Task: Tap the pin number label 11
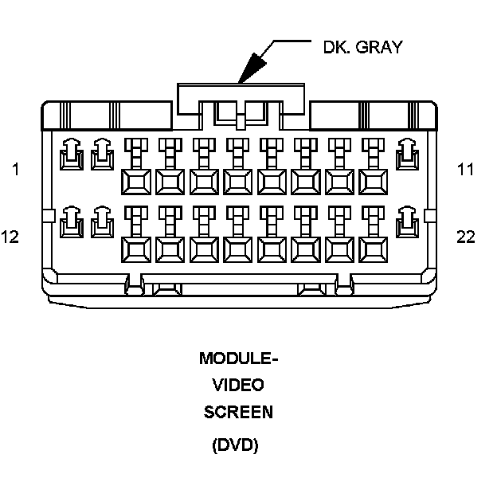(465, 169)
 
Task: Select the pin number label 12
(10, 237)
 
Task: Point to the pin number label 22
(466, 237)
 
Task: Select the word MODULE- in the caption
(238, 358)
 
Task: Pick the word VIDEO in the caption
(238, 385)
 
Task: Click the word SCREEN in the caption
(238, 412)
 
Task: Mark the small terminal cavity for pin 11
(407, 154)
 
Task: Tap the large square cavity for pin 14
(135, 250)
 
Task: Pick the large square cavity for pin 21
(373, 250)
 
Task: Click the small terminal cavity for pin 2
(101, 154)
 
